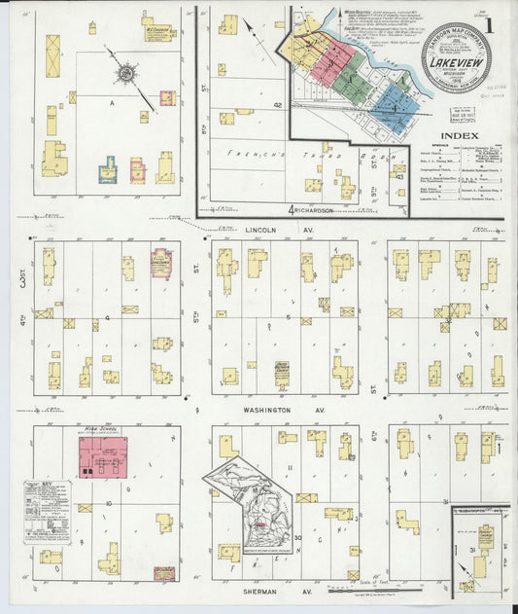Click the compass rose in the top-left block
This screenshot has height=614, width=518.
(125, 71)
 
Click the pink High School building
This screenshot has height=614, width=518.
(102, 456)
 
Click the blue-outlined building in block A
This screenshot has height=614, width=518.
(107, 171)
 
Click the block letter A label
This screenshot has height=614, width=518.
(112, 100)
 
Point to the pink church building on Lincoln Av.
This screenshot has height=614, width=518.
(161, 264)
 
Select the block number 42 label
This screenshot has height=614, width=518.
(277, 104)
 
